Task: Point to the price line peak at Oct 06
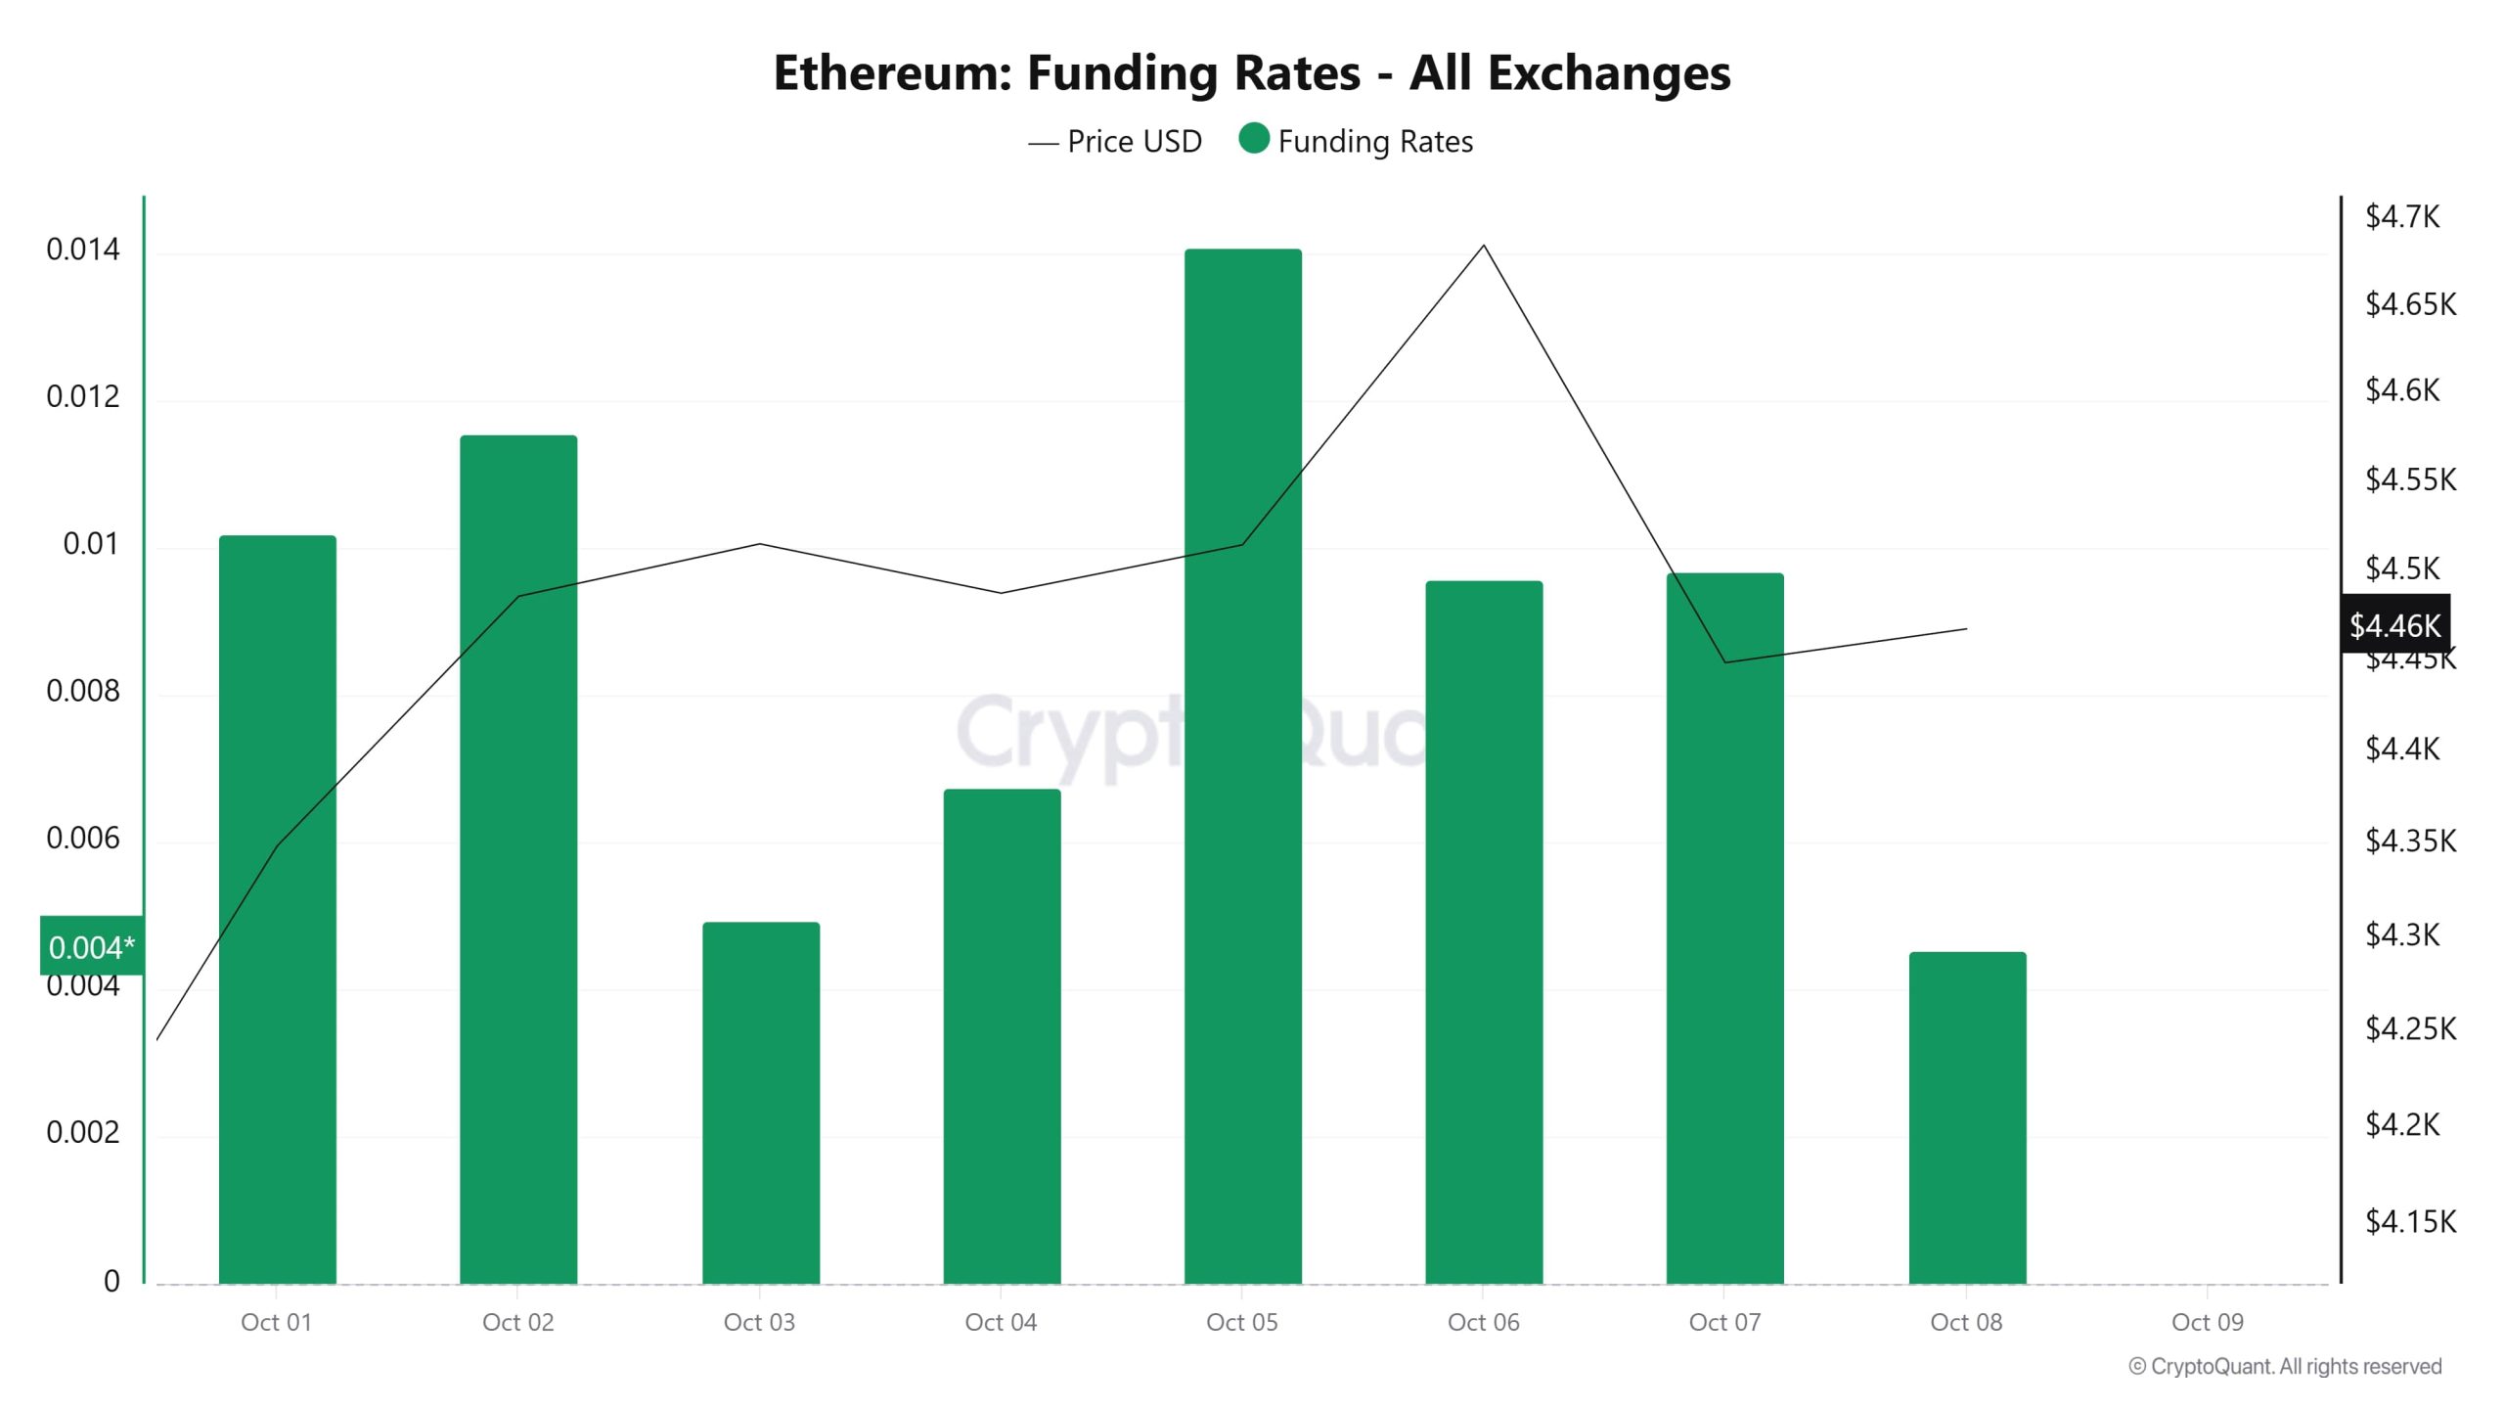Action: [1484, 246]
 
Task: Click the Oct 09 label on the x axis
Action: [2208, 1322]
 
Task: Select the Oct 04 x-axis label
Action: [1001, 1322]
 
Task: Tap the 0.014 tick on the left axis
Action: [83, 250]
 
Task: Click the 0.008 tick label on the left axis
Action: [83, 691]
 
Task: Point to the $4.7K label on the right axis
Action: [2402, 216]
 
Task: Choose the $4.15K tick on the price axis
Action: [2410, 1221]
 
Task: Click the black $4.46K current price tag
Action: [2395, 624]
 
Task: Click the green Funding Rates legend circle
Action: [1254, 139]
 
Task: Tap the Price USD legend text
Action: [1134, 142]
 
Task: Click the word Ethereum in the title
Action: [891, 72]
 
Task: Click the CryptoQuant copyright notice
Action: [2285, 1366]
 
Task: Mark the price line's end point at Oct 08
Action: [1966, 629]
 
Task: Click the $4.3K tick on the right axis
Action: [2402, 934]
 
